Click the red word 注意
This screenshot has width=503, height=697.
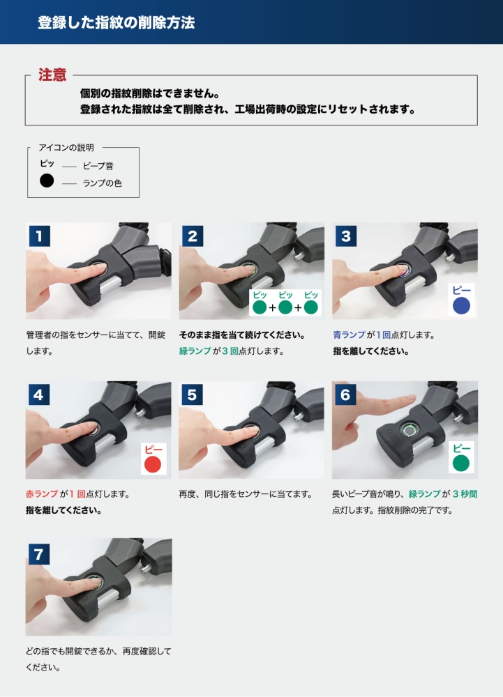point(52,75)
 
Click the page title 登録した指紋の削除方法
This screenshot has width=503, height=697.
point(116,22)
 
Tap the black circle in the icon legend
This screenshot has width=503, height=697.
point(47,181)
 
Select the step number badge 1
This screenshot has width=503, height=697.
point(40,236)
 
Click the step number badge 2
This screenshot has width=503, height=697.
point(193,236)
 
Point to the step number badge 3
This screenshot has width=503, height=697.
point(345,236)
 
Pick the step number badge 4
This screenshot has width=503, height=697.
point(39,395)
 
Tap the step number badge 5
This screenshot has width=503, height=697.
point(192,395)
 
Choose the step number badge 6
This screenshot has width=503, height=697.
point(345,395)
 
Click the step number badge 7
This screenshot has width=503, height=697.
point(39,554)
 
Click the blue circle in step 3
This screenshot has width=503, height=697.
point(461,305)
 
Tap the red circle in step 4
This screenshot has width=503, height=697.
point(153,464)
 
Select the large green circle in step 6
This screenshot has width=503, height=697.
point(461,464)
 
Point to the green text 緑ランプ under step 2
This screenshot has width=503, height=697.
point(195,351)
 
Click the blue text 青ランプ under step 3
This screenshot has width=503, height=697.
point(349,335)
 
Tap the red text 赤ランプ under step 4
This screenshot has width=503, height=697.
point(42,494)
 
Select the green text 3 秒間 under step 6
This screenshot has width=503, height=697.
point(465,494)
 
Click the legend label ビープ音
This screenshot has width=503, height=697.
point(98,167)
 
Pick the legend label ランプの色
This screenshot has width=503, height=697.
point(102,183)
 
